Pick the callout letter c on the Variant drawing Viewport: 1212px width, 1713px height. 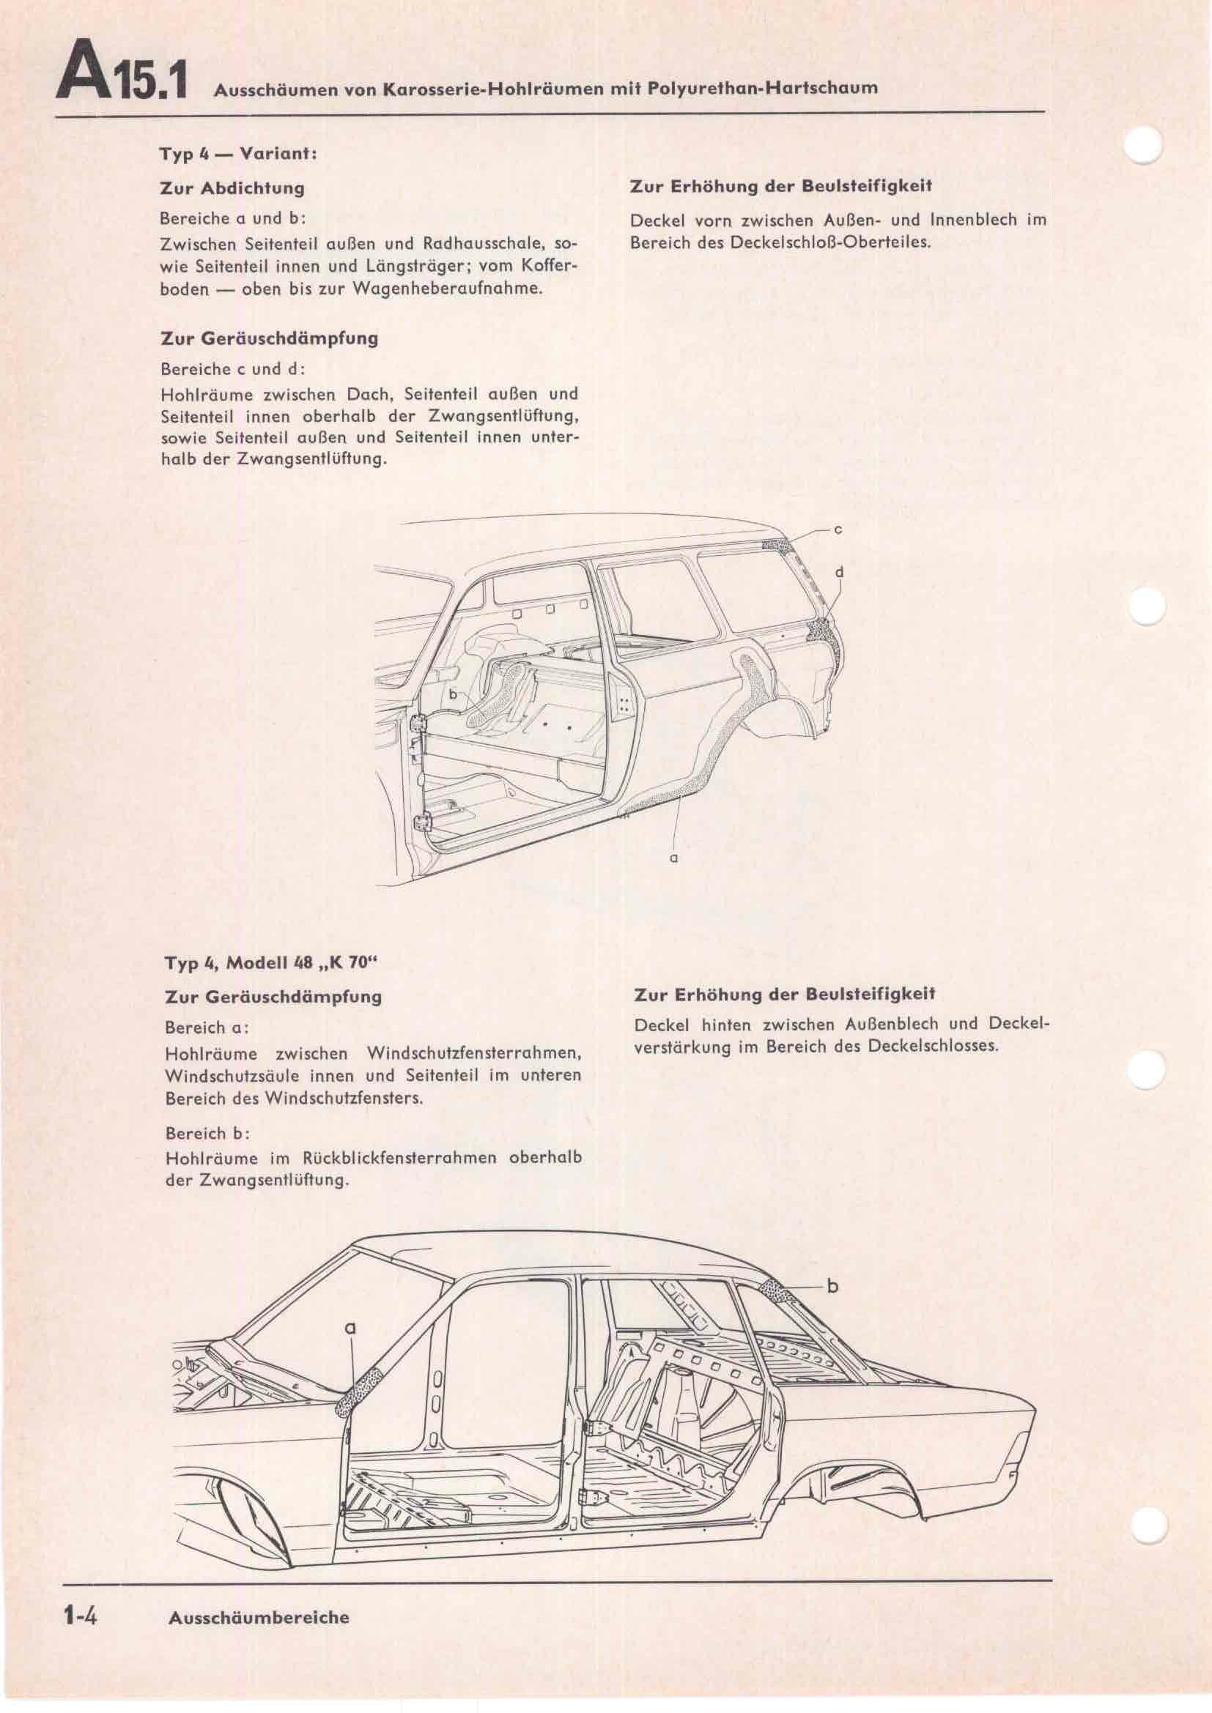(838, 529)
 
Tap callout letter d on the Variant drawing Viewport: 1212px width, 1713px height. (840, 572)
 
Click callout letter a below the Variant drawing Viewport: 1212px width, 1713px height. (674, 859)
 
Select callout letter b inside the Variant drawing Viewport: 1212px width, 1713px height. (452, 694)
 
